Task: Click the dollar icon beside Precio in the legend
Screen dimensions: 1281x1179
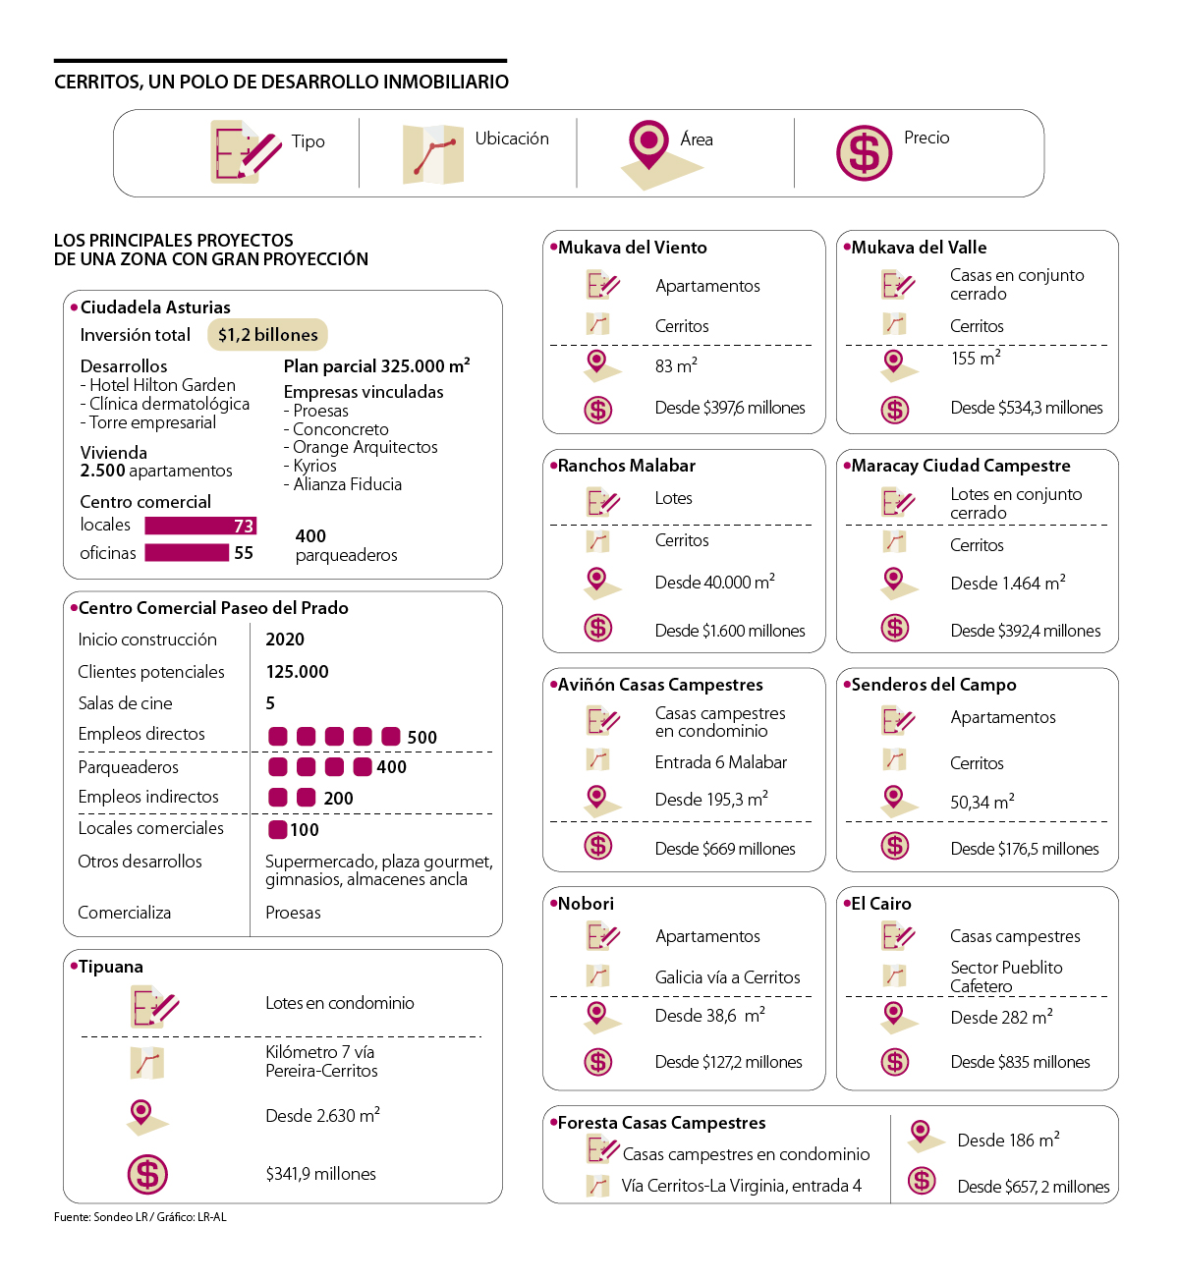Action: pos(864,152)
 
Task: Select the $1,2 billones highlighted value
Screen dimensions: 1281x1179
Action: pos(267,335)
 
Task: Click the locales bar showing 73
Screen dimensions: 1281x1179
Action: pos(200,526)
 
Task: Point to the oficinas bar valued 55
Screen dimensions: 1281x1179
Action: pos(187,553)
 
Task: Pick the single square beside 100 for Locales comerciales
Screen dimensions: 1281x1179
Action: pos(278,830)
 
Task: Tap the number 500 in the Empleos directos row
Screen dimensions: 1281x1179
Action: pos(422,738)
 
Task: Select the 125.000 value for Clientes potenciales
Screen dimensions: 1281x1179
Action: pos(297,672)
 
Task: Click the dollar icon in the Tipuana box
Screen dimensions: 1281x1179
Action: pos(147,1174)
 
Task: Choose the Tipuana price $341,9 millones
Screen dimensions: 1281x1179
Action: pos(320,1174)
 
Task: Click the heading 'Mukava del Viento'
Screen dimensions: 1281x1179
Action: pos(632,248)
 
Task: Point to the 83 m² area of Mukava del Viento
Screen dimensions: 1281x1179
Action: pos(676,366)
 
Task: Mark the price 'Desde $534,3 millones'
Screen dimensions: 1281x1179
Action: pos(1026,408)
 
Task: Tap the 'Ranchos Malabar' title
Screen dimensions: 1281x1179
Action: pos(626,466)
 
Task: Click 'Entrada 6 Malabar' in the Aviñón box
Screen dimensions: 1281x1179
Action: pos(720,762)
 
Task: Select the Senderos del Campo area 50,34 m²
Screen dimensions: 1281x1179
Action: pos(982,803)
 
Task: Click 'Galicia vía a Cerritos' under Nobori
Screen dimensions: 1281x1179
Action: pos(727,977)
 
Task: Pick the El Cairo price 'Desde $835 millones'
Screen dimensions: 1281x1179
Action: pos(1020,1062)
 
